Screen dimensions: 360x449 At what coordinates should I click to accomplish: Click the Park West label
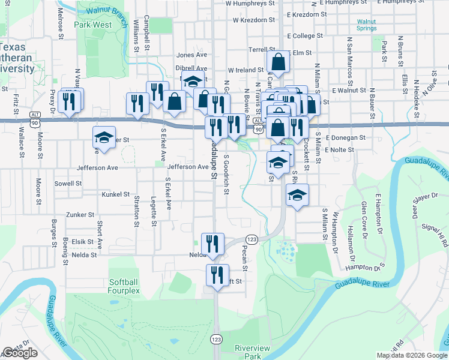pos(93,25)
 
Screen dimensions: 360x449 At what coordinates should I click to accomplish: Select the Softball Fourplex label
pos(124,286)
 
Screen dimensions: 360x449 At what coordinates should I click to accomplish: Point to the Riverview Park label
pos(252,352)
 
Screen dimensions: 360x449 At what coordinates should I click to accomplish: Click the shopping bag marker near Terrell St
pos(279,61)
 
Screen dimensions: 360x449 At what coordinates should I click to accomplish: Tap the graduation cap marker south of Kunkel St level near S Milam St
pos(297,195)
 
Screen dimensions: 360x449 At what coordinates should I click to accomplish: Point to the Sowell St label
pos(68,184)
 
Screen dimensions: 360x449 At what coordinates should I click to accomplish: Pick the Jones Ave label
pos(191,55)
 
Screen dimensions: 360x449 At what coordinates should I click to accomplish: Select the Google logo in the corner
pos(20,353)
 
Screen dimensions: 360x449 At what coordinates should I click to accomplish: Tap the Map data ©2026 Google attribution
pos(412,355)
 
